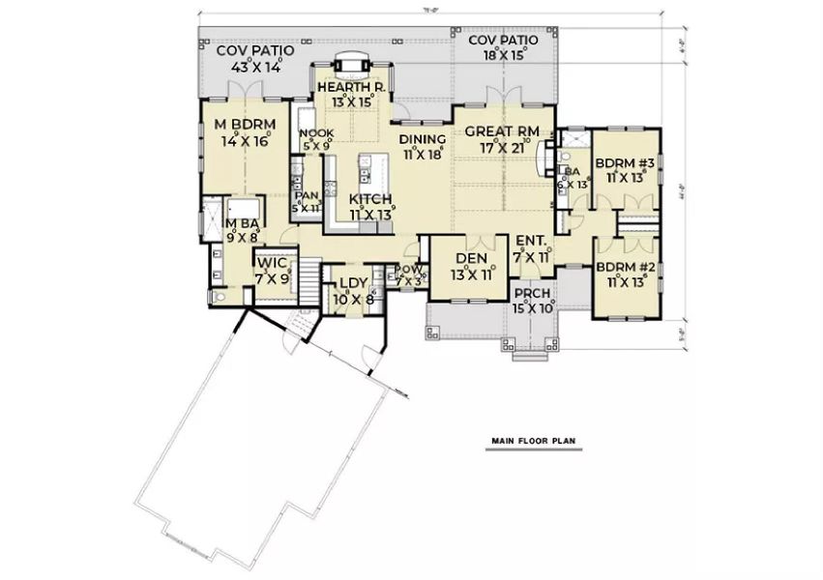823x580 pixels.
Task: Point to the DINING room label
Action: [x=423, y=138]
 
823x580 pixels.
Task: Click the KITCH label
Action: [x=370, y=199]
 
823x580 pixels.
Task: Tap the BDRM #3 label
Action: [x=625, y=162]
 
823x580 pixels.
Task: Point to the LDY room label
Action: [x=349, y=284]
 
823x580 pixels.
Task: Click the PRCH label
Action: [x=532, y=294]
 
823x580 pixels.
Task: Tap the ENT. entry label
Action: [x=531, y=241]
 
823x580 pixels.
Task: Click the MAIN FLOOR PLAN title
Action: [x=532, y=441]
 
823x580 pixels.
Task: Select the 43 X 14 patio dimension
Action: [x=255, y=68]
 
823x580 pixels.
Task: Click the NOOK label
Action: [x=315, y=133]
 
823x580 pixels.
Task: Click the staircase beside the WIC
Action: [x=306, y=280]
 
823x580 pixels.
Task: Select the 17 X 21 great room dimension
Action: [x=501, y=148]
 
